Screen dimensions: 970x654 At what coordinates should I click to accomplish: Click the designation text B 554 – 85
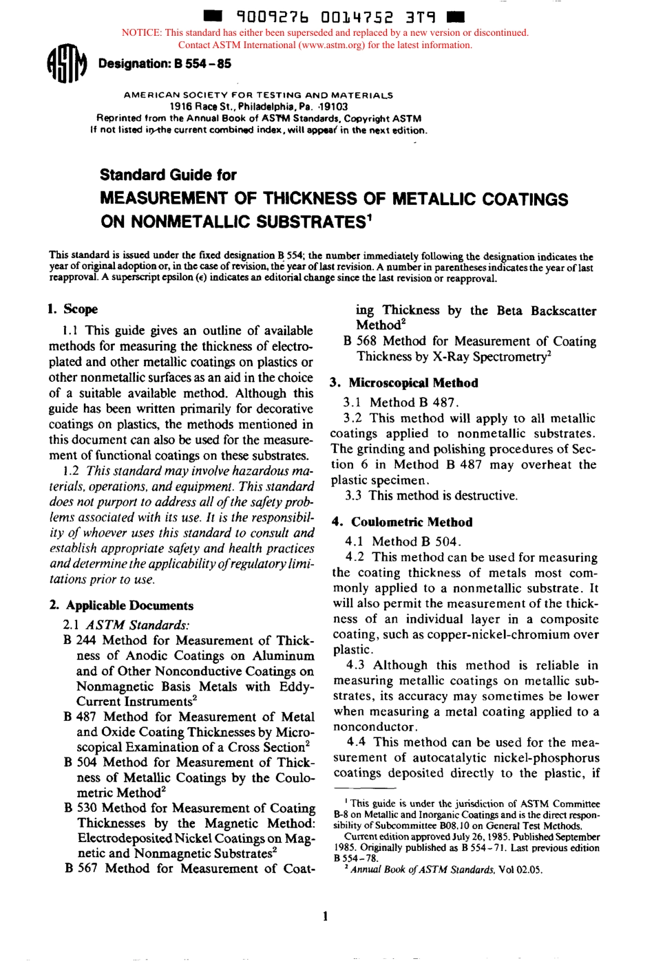coord(165,64)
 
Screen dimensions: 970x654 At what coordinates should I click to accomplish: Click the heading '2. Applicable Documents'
coord(121,605)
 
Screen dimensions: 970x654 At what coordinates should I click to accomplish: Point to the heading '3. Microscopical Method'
coord(404,383)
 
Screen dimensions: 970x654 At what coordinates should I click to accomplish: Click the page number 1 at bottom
coord(325,916)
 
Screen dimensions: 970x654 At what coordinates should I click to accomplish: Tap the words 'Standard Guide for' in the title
coord(168,175)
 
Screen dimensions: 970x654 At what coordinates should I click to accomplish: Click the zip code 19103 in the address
coord(335,107)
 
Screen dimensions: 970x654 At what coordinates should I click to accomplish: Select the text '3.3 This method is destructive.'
coord(431,495)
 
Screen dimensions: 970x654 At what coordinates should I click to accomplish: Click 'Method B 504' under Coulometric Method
coord(416,541)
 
